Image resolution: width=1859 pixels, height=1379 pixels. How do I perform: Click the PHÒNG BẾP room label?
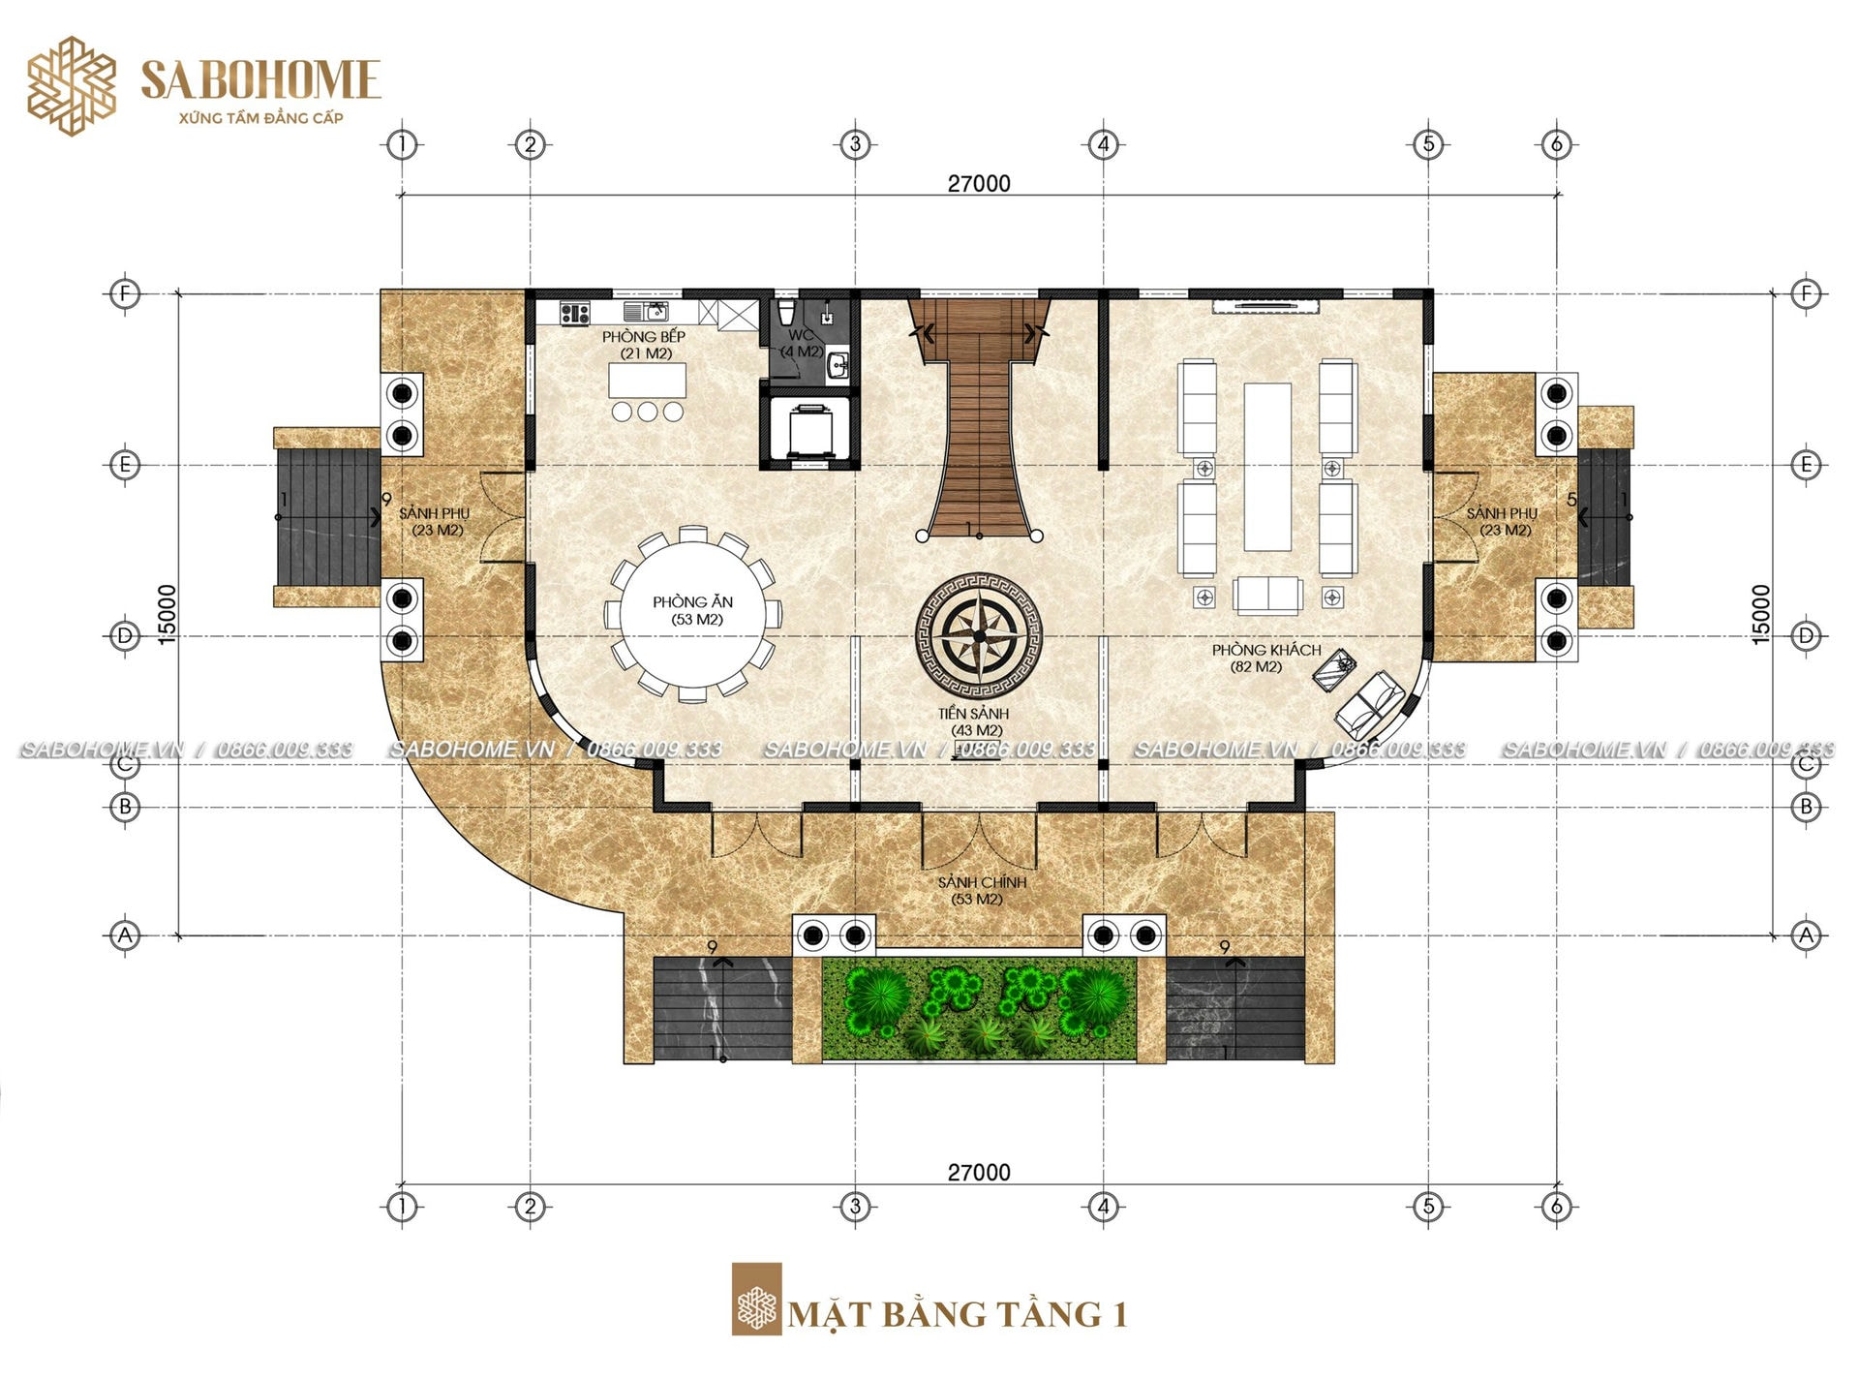[644, 337]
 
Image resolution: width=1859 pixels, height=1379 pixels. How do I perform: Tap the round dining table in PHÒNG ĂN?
[692, 612]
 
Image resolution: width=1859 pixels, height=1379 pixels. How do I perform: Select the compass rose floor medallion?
[979, 635]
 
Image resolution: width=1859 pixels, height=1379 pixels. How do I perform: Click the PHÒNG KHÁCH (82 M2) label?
[1266, 658]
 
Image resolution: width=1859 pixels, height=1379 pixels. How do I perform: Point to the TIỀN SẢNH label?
[973, 714]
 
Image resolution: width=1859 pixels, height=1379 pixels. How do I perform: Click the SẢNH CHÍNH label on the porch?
[982, 882]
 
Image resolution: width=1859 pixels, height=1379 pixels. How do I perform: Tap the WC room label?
[800, 335]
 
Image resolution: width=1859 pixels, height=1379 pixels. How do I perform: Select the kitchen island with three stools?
[647, 389]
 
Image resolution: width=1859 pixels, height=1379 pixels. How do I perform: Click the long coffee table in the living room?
[1267, 467]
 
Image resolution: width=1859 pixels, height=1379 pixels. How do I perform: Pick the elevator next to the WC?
[808, 428]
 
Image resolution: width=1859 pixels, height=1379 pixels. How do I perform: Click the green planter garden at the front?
[979, 1008]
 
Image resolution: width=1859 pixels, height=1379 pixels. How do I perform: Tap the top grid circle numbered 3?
[855, 144]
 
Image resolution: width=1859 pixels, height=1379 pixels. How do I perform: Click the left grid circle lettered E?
[124, 465]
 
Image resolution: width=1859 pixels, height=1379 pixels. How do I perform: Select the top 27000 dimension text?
[979, 184]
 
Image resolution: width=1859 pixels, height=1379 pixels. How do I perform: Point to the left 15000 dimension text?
[168, 614]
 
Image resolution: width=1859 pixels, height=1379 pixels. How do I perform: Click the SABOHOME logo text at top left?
[260, 79]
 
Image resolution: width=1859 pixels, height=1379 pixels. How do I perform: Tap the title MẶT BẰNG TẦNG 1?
[958, 1314]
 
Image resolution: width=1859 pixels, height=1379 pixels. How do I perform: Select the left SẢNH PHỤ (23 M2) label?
[434, 521]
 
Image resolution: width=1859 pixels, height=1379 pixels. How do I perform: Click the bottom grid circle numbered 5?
[1428, 1207]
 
